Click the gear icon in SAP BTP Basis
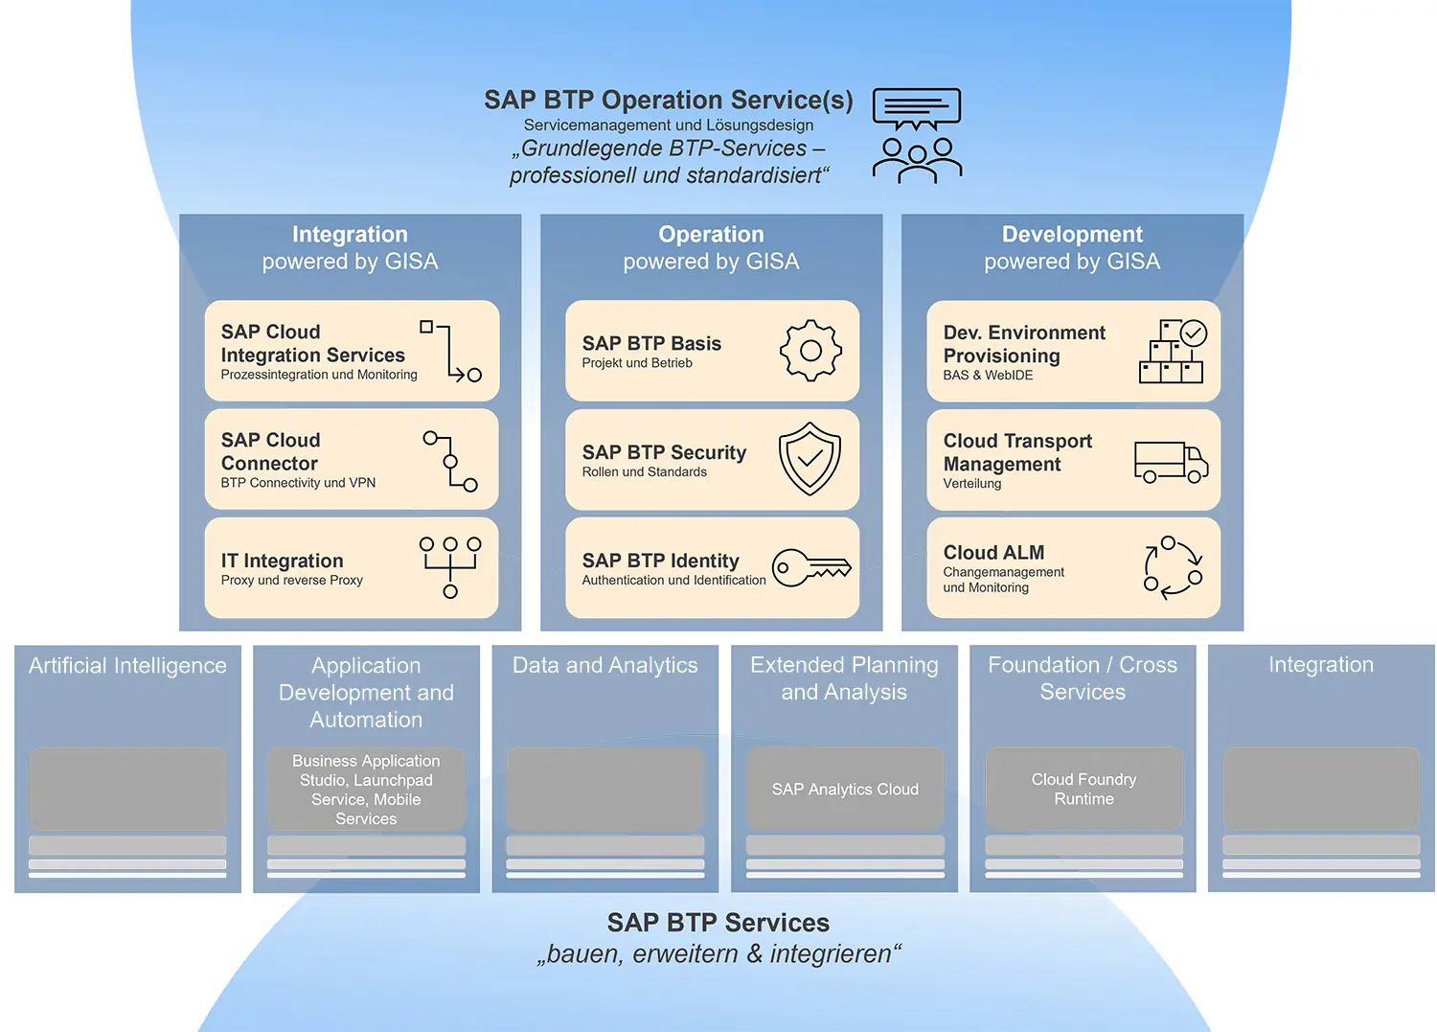point(810,351)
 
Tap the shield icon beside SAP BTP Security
point(810,458)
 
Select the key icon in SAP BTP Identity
point(811,567)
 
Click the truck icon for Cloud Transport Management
point(1171,462)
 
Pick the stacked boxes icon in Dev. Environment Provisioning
point(1173,351)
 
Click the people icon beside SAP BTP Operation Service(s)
point(917,160)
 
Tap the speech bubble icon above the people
point(917,108)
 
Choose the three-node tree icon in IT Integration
point(450,567)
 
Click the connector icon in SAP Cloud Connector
point(450,462)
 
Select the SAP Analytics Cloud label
point(845,789)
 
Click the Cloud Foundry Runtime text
point(1083,789)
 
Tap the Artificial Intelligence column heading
point(127,666)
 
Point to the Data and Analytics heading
point(604,665)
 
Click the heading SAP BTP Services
point(718,922)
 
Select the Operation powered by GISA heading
point(711,248)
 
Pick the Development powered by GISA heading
point(1072,248)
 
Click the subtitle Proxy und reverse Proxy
point(292,580)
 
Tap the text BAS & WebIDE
point(988,376)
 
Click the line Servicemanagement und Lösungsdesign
point(669,126)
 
